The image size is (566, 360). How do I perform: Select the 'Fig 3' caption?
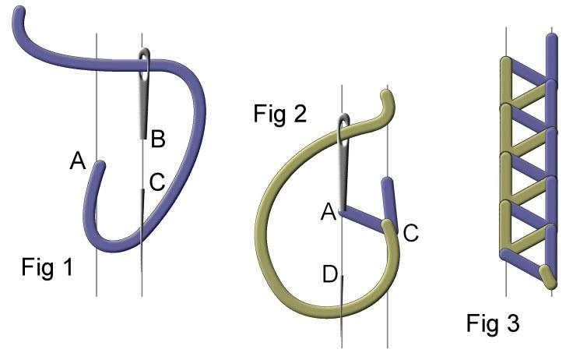[x=493, y=323]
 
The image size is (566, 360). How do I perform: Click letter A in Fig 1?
[x=78, y=161]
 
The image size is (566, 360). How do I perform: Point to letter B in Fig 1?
[x=158, y=140]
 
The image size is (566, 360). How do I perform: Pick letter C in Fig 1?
[x=156, y=184]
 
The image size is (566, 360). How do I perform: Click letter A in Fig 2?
[x=328, y=211]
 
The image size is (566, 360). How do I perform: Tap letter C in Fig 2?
[x=412, y=231]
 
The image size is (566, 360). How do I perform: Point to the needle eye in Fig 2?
[x=343, y=129]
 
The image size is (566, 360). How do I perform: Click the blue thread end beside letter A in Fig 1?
[x=98, y=168]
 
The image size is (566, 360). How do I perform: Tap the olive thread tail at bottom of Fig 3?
[x=550, y=274]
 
